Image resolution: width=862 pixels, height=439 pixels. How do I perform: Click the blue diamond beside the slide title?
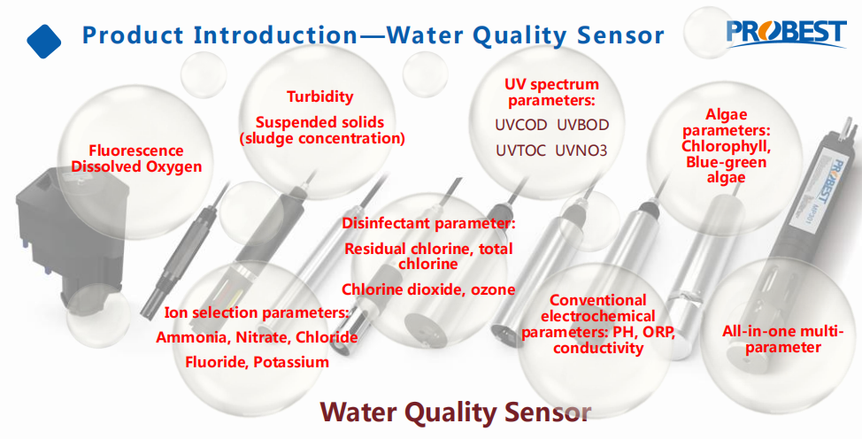pos(44,42)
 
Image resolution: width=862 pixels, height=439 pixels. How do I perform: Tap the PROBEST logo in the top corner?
pos(786,34)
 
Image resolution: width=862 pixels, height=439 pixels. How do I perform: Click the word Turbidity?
pos(320,96)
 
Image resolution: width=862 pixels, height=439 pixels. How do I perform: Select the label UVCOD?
pos(521,126)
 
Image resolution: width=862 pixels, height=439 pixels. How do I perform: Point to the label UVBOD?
pos(582,126)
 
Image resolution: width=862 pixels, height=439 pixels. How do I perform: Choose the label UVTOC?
pos(521,150)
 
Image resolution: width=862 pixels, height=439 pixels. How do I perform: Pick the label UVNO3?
pos(581,150)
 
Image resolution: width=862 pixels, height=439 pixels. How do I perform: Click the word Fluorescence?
pos(136,150)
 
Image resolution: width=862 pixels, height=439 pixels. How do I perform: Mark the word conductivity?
pos(598,348)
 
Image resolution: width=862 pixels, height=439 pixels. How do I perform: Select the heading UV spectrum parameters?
pos(552,92)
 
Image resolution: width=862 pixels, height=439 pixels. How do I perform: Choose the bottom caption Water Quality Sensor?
pos(455,412)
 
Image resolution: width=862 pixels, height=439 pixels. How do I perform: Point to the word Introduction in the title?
pos(276,35)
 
